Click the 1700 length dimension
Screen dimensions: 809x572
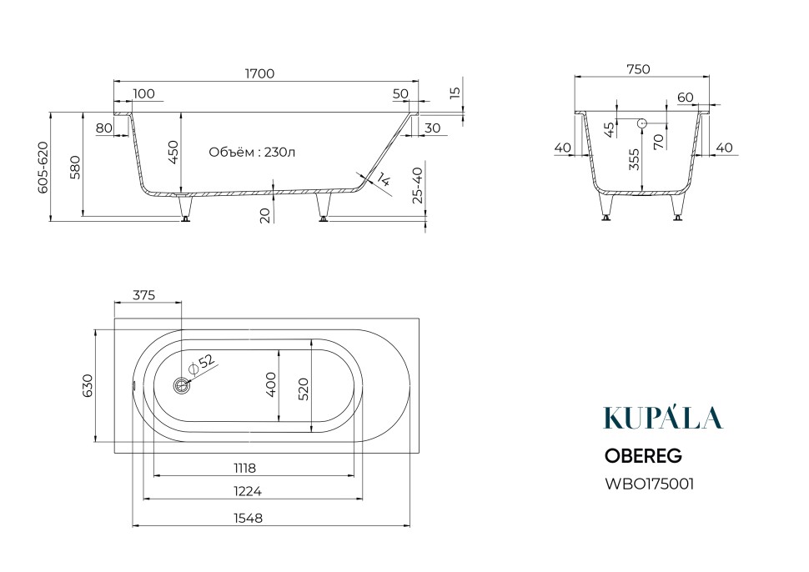259,73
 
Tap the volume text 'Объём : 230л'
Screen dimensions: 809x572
252,152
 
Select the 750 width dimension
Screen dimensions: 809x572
638,69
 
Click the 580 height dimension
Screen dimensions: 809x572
75,167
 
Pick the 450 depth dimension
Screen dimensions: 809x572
173,152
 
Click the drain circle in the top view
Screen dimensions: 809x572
182,385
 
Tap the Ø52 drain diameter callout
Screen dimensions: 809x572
202,363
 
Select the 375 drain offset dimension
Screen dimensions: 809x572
144,295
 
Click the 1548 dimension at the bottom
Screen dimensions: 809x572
249,518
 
